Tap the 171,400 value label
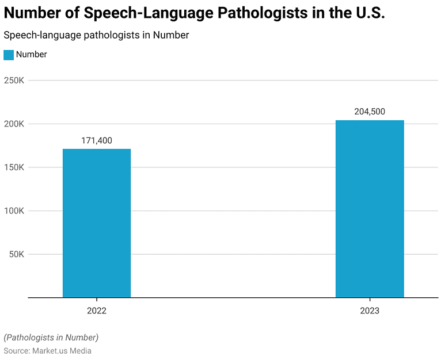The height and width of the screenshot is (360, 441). [x=97, y=140]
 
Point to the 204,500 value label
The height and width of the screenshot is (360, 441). [x=370, y=112]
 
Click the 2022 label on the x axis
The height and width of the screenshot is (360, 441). [x=97, y=311]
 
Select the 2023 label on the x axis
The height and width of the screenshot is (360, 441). [x=370, y=311]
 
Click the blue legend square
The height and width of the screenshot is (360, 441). [x=9, y=55]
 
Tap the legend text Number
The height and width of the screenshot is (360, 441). [x=32, y=55]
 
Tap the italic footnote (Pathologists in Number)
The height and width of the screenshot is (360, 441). [x=51, y=337]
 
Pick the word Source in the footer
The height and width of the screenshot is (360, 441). [x=16, y=351]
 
